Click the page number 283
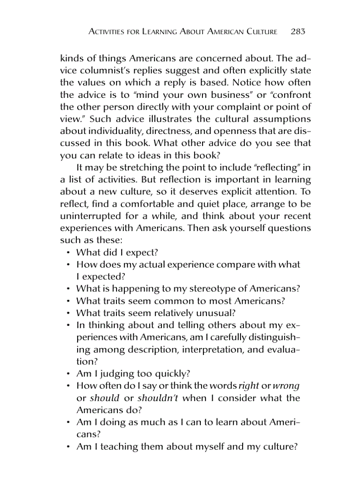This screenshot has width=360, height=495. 298,32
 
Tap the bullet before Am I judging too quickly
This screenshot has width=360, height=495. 69,374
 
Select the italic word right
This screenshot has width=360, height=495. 248,386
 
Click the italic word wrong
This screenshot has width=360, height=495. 286,386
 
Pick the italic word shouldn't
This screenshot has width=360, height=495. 158,398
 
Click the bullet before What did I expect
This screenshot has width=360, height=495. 69,253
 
